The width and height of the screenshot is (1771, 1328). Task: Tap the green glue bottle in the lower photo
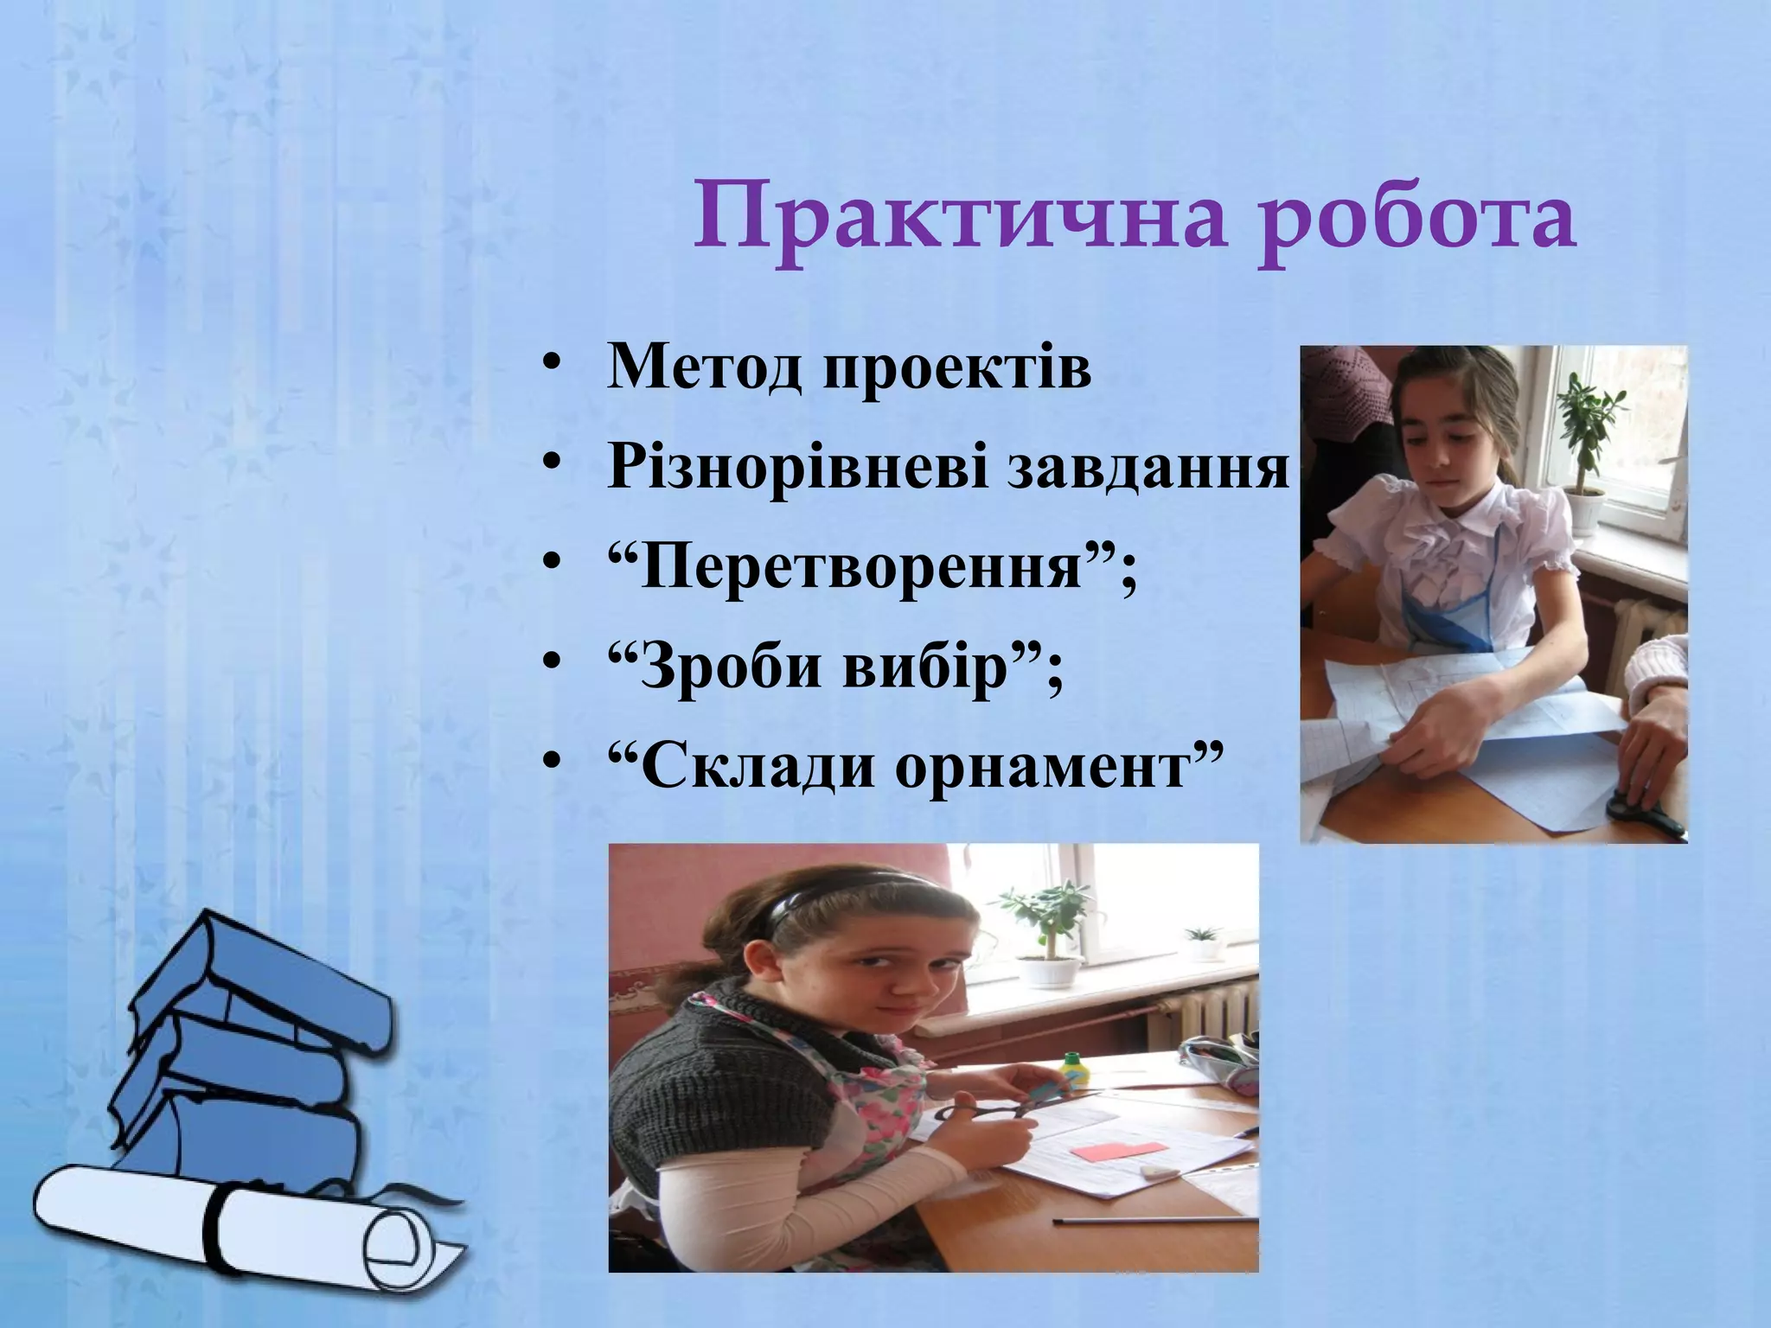[x=1073, y=1072]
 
